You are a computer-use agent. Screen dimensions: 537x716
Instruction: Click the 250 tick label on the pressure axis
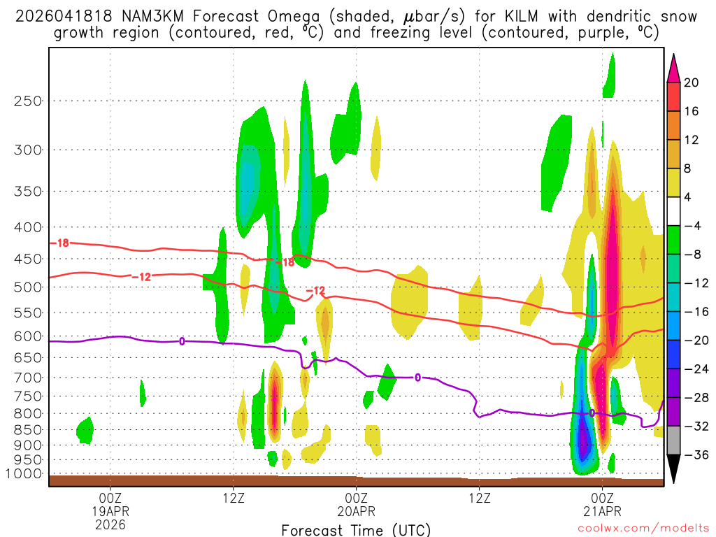pyautogui.click(x=27, y=101)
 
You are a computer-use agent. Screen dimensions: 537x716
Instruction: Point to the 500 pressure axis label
pyautogui.click(x=27, y=287)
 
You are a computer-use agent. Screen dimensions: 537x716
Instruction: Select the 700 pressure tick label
pyautogui.click(x=27, y=378)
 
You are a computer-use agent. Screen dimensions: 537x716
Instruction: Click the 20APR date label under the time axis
pyautogui.click(x=356, y=511)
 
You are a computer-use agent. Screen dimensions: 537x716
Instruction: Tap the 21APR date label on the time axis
pyautogui.click(x=602, y=511)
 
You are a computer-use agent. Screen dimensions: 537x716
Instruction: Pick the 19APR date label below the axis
pyautogui.click(x=110, y=511)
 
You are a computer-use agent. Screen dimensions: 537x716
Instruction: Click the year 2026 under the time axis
pyautogui.click(x=110, y=524)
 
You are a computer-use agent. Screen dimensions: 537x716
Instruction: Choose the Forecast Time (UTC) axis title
pyautogui.click(x=356, y=530)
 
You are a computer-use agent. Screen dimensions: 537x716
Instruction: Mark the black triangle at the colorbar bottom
pyautogui.click(x=674, y=469)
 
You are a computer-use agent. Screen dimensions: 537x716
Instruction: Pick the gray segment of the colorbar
pyautogui.click(x=674, y=441)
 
